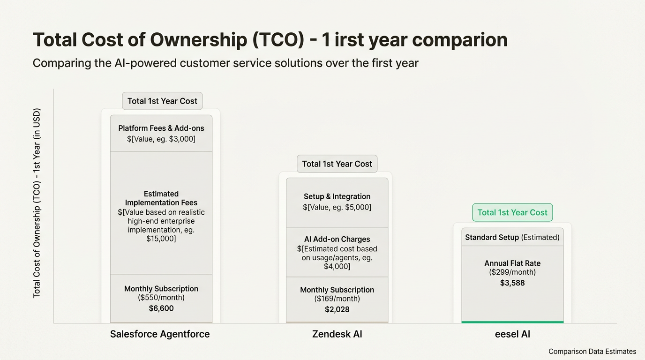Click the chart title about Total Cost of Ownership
[270, 40]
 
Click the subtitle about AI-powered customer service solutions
[225, 63]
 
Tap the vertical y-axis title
[37, 203]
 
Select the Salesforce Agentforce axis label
[160, 334]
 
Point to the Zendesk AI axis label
[337, 334]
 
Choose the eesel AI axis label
[512, 334]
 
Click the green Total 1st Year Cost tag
[512, 212]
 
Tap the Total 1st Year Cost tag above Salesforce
[162, 101]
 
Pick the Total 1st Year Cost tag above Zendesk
[337, 164]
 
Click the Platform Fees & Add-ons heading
[161, 128]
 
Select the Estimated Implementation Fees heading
[161, 198]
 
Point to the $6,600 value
[161, 308]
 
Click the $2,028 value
[337, 309]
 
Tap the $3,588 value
[512, 283]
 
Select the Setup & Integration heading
[337, 196]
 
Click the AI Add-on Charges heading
[337, 240]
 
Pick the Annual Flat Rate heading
[512, 263]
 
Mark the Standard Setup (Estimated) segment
[512, 237]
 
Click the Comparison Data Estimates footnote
[592, 352]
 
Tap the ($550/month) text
[161, 298]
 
